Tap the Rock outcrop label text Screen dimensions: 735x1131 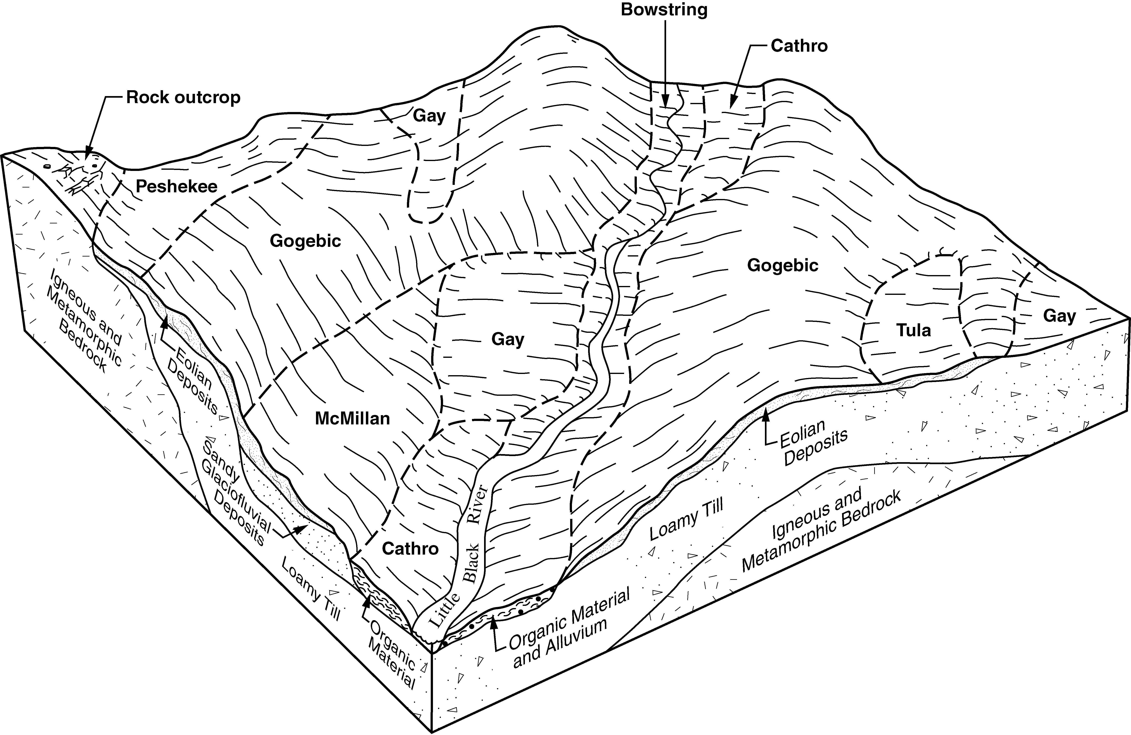183,98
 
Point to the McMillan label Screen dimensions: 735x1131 353,418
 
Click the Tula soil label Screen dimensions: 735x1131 913,330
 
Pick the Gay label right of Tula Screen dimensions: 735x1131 1059,316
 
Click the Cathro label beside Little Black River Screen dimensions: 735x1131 410,549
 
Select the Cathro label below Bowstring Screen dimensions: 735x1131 799,46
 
